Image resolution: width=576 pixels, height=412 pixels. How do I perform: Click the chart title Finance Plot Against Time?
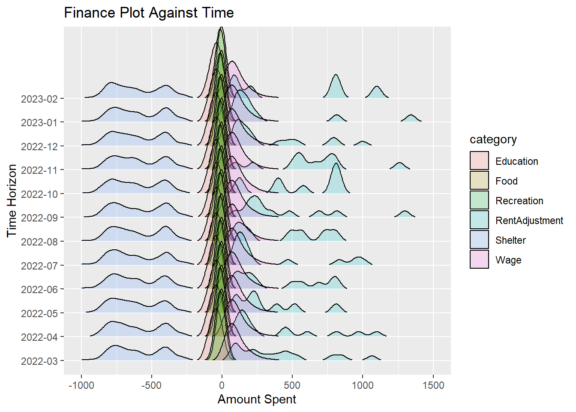point(149,13)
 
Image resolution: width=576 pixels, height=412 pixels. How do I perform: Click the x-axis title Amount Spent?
point(257,399)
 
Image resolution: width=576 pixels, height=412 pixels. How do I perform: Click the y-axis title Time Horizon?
point(12,200)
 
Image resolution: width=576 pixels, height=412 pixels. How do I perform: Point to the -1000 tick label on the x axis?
point(81,385)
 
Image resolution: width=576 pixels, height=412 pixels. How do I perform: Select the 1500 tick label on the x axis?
point(433,385)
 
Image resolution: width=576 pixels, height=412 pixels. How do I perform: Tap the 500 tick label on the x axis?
point(292,385)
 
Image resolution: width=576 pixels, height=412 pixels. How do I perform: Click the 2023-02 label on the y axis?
point(39,99)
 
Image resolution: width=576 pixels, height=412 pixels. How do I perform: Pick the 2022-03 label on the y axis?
point(39,361)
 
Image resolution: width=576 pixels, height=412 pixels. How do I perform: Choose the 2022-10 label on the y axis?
point(39,194)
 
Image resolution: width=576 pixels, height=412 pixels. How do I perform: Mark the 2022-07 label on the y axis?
point(39,266)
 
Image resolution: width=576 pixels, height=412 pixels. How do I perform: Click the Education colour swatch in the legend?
point(479,161)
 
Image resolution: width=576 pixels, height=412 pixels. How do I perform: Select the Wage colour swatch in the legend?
point(479,260)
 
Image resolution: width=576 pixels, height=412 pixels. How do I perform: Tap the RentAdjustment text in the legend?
point(529,221)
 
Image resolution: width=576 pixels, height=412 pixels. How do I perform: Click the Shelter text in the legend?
point(510,240)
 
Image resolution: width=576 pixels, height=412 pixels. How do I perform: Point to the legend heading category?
point(493,139)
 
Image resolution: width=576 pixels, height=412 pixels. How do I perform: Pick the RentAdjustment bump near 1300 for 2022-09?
point(405,214)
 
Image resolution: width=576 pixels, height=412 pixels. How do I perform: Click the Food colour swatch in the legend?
point(479,181)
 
